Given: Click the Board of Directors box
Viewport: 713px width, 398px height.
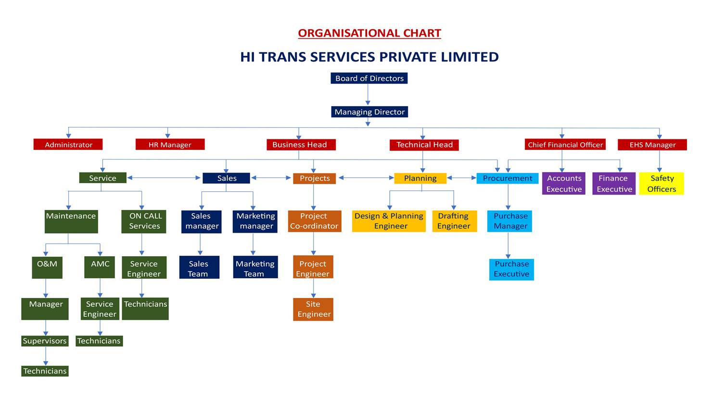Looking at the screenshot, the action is pos(369,78).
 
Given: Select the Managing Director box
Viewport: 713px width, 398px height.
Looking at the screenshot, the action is pos(369,112).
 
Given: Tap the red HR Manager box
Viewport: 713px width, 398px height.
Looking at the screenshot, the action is pos(170,144).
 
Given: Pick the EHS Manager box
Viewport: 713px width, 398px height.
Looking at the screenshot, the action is pos(652,145).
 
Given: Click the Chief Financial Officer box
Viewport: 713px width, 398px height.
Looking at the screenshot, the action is pos(565,145).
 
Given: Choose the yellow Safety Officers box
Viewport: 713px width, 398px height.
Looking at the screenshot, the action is pos(662,184).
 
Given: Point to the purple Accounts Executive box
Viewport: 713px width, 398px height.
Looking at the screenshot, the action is pos(564,184).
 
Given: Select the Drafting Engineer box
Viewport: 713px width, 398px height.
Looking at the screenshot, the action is pos(455,221).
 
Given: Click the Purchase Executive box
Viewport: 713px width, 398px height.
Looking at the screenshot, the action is pos(511,270).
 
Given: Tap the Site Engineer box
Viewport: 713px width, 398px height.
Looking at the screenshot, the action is pos(313,309).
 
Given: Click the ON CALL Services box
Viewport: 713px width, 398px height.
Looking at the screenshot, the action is pos(143,222).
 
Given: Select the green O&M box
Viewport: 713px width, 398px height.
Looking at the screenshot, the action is pos(47,268).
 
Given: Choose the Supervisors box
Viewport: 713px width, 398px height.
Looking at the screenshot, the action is pos(45,341).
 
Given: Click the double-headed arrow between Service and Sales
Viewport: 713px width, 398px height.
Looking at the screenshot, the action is pos(164,178).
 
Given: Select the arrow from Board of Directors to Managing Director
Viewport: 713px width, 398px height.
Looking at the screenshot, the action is pos(368,95).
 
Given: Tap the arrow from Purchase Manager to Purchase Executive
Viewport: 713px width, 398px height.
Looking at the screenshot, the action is pos(508,245).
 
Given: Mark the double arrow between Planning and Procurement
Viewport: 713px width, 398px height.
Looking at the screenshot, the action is pos(462,178).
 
